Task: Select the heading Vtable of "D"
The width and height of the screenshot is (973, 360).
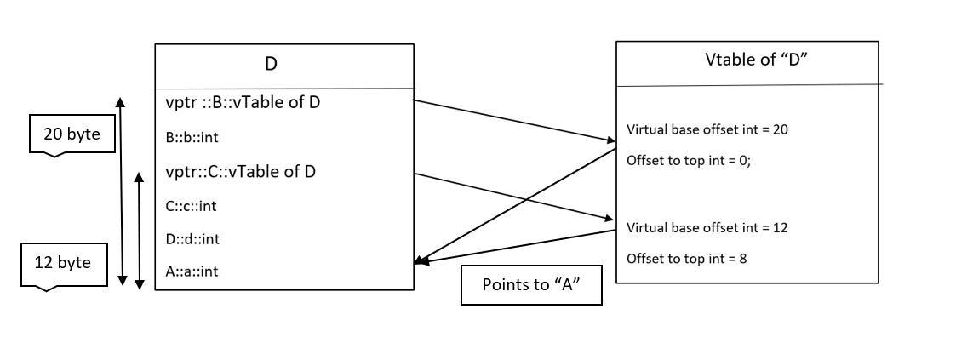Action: coord(747,59)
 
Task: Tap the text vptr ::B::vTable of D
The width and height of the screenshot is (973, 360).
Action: coord(243,104)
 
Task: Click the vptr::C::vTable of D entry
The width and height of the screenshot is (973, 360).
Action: coord(241,171)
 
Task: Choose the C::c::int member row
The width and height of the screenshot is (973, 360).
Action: coord(192,205)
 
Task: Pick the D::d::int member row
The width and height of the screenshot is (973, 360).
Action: coord(193,239)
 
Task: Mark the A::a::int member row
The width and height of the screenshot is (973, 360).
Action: coord(192,271)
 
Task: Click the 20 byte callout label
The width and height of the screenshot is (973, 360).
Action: coord(72,134)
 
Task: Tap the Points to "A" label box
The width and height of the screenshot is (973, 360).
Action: coord(531,285)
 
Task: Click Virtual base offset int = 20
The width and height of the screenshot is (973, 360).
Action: coord(713,130)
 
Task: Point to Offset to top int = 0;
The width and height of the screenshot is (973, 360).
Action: coord(689,160)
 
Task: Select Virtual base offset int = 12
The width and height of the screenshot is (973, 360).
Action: coord(713,228)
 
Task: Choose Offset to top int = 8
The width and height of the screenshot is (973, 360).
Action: coord(687,258)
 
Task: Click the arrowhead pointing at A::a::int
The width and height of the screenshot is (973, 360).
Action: coord(420,263)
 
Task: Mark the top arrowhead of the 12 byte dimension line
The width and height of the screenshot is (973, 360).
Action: coord(139,175)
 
